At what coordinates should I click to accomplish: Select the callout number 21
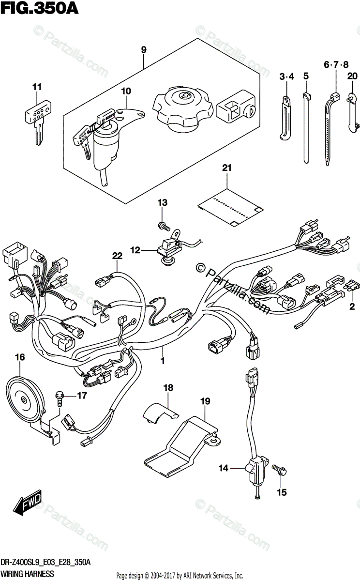(x=227, y=168)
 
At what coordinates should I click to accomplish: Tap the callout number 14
(x=223, y=468)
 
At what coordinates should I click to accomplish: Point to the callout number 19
(x=205, y=400)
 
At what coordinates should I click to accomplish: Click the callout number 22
(x=117, y=256)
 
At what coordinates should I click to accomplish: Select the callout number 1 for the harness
(x=163, y=361)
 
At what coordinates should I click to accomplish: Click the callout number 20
(x=352, y=75)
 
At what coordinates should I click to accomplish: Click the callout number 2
(x=352, y=306)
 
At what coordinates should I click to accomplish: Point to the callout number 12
(x=135, y=250)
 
